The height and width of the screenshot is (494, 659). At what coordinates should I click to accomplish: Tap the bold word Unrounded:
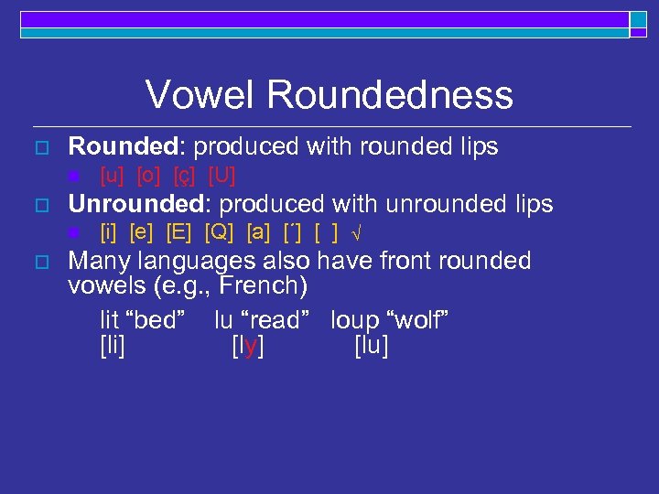(141, 204)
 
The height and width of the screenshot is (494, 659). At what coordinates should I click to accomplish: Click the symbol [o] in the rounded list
(149, 175)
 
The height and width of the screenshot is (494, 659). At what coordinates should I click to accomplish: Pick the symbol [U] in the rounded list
(221, 175)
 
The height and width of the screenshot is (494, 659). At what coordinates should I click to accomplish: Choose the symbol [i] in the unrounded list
(110, 232)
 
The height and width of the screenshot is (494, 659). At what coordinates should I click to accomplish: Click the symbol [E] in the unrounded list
(180, 232)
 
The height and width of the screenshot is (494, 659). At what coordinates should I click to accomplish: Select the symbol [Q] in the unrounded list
(220, 232)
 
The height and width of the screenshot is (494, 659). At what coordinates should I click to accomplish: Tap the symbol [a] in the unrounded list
(258, 232)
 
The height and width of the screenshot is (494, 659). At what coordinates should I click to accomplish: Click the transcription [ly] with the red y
(248, 346)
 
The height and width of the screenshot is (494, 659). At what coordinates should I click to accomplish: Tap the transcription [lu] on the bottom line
(371, 346)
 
